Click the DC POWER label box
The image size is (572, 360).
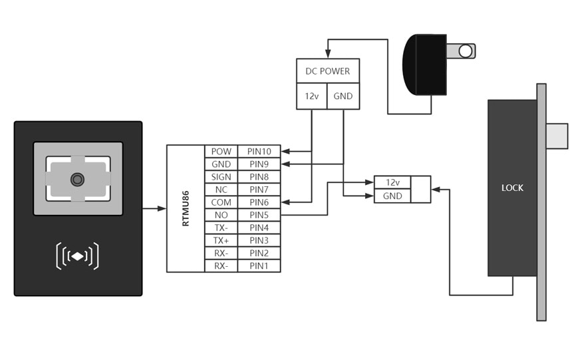[327, 71]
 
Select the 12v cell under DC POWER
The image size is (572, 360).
[311, 96]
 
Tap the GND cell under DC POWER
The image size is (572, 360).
[343, 96]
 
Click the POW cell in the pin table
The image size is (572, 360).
[221, 152]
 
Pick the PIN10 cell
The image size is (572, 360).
[259, 152]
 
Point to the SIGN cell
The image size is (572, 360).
[221, 177]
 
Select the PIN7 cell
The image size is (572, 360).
[259, 190]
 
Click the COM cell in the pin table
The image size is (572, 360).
[221, 202]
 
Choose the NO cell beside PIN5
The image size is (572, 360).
[221, 215]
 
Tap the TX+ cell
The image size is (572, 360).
[221, 240]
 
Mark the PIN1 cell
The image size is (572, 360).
[259, 266]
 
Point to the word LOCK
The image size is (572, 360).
[512, 188]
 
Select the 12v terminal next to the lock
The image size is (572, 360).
[392, 182]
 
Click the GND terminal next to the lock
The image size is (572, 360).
[392, 196]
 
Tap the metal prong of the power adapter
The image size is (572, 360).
[461, 51]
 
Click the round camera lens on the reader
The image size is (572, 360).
[78, 179]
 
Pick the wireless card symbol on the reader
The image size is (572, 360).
[78, 256]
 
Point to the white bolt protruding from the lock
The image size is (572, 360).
[557, 136]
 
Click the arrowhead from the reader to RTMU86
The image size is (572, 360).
[162, 208]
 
